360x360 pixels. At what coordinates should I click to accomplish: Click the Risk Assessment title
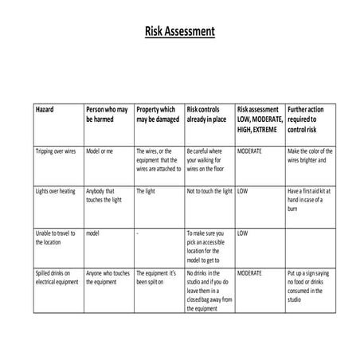pos(179,33)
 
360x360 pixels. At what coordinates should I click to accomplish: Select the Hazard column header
pos(45,108)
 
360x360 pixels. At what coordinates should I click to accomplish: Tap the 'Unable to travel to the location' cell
pos(56,237)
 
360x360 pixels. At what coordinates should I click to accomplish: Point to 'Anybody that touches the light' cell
pos(101,196)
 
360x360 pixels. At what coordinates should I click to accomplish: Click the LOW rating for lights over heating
pos(242,192)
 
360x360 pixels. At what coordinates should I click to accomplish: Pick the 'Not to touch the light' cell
pos(209,192)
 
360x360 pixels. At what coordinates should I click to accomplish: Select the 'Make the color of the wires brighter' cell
pos(308,155)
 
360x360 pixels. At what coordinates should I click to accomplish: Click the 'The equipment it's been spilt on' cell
pos(155,277)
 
